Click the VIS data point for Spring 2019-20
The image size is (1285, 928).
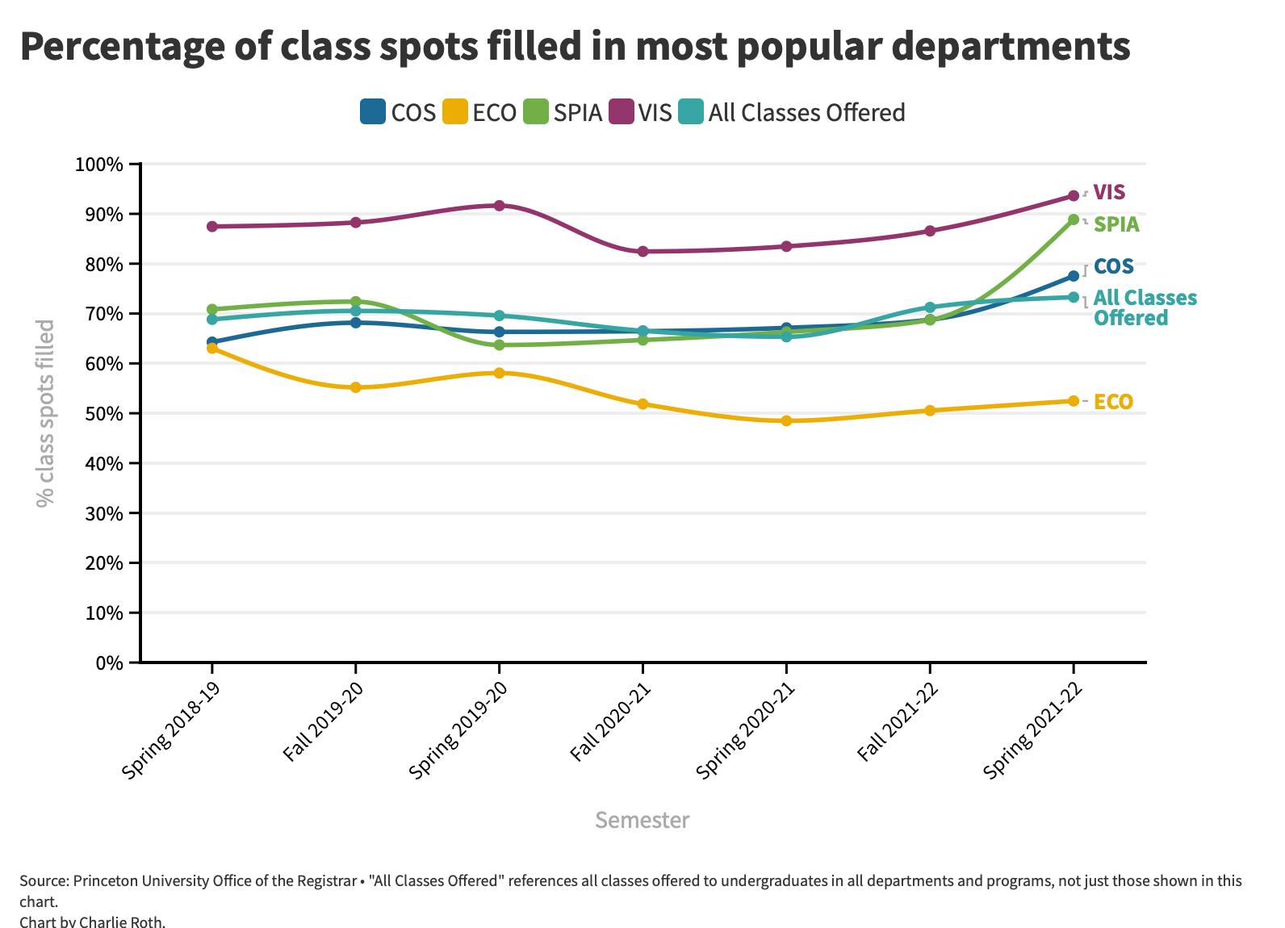499,206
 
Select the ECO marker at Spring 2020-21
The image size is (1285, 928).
786,420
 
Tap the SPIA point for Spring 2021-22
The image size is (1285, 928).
1074,219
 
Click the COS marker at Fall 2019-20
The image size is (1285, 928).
355,323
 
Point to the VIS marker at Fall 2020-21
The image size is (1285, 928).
642,252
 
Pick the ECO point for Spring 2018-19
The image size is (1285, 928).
212,349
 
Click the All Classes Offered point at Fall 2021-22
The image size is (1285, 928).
930,307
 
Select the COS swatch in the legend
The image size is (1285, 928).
373,112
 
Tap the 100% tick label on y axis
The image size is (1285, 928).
98,165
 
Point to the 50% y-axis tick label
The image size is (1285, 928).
103,414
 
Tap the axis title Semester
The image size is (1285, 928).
642,820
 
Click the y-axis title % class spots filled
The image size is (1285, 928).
45,413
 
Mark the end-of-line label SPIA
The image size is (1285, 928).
1116,224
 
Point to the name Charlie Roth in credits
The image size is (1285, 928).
129,921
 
